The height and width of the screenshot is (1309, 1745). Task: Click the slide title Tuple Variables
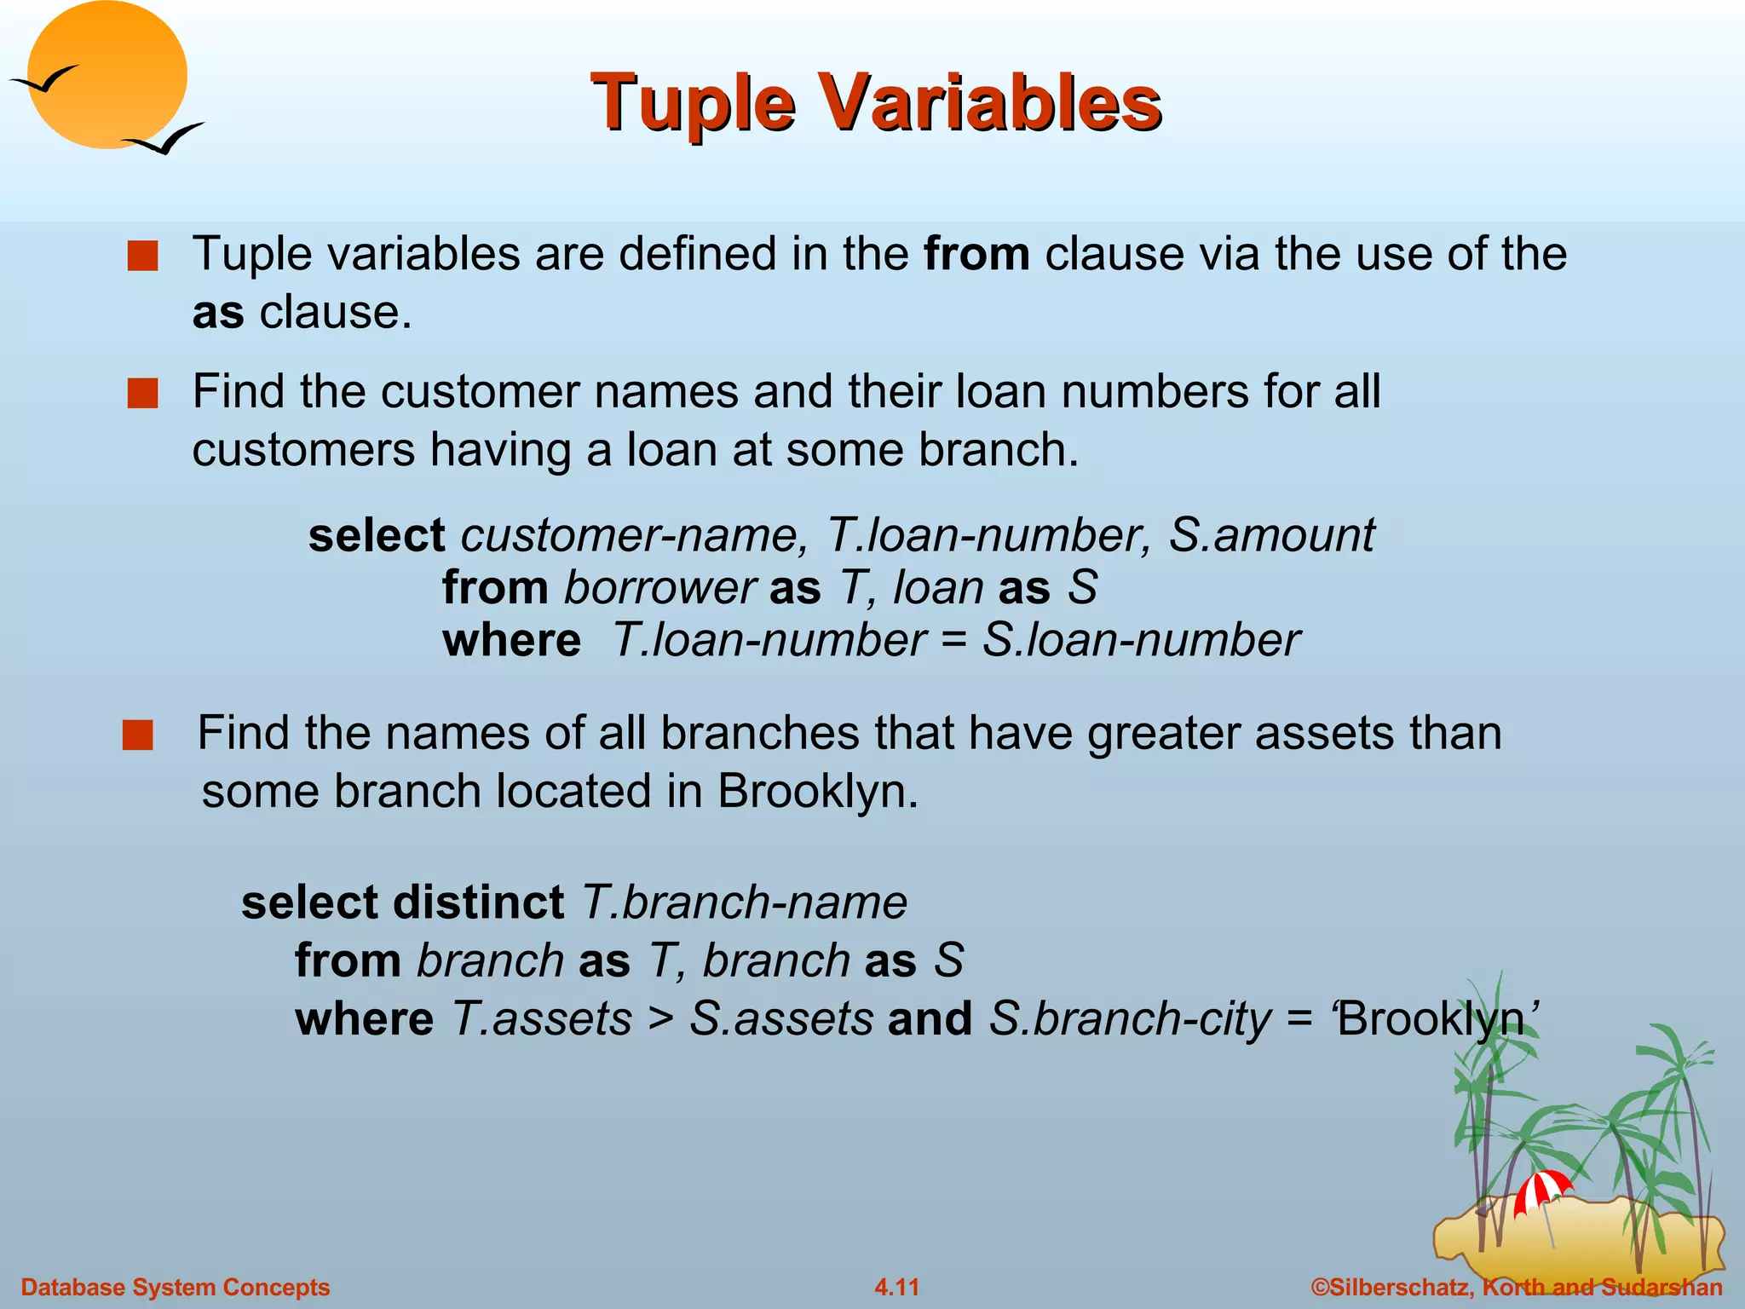[876, 102]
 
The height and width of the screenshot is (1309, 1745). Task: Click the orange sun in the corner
[107, 75]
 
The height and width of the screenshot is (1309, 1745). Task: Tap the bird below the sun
[166, 139]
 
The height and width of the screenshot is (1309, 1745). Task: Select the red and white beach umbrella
[1542, 1190]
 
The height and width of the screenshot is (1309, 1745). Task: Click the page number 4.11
[896, 1287]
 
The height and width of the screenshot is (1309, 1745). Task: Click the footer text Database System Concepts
[176, 1287]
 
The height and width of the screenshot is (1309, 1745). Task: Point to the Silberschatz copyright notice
[1517, 1287]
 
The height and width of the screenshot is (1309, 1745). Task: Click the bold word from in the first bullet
[976, 254]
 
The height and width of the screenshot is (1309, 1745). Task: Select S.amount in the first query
[1271, 535]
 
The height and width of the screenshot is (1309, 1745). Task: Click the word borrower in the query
[659, 588]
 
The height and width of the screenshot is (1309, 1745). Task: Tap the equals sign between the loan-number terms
[953, 641]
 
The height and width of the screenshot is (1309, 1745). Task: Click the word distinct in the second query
[479, 902]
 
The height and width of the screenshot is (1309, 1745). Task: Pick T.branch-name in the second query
[744, 902]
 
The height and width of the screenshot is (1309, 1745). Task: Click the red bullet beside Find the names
[138, 735]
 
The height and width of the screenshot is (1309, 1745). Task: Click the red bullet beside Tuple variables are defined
[143, 256]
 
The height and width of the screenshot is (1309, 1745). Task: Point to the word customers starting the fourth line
[303, 450]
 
